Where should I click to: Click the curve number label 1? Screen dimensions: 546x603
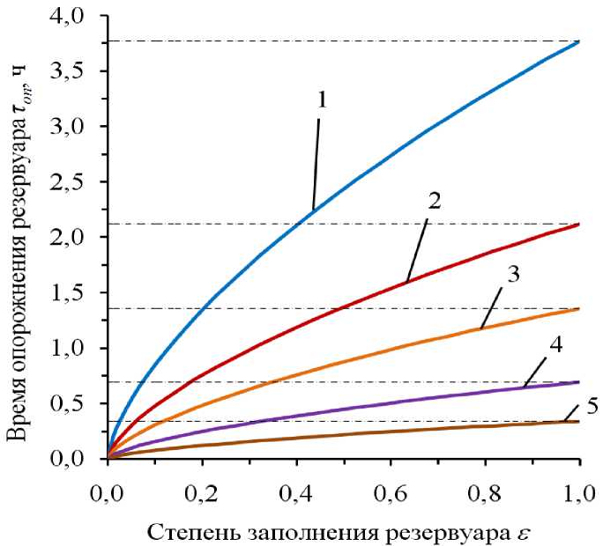tap(323, 101)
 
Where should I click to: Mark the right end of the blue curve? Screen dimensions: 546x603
tap(579, 41)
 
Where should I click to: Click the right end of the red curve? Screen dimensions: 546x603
tap(579, 225)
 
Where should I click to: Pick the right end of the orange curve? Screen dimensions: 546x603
tap(579, 308)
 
